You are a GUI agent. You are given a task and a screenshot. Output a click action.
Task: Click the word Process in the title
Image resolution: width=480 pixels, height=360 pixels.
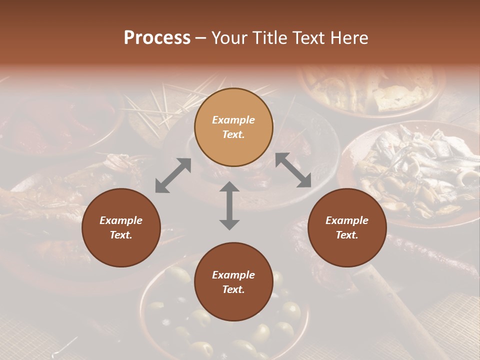[x=157, y=38]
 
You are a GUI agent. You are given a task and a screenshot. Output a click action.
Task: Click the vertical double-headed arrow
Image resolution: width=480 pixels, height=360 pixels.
[x=229, y=205]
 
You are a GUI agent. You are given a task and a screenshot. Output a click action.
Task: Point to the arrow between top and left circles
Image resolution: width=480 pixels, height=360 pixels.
[x=173, y=175]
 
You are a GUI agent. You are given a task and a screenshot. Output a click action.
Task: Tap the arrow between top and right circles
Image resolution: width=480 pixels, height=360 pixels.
[x=293, y=170]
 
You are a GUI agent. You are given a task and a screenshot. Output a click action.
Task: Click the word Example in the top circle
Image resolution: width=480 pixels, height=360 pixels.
[x=233, y=120]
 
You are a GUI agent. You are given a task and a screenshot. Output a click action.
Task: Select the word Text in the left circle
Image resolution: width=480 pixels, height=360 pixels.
[x=121, y=235]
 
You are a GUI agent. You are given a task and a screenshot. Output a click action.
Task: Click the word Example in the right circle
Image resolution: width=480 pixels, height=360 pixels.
[x=347, y=220]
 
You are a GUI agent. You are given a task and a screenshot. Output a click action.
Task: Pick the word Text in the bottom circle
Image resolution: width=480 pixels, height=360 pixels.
[x=233, y=289]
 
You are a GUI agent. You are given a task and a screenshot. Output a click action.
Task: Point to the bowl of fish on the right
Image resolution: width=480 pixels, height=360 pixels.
[x=415, y=170]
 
